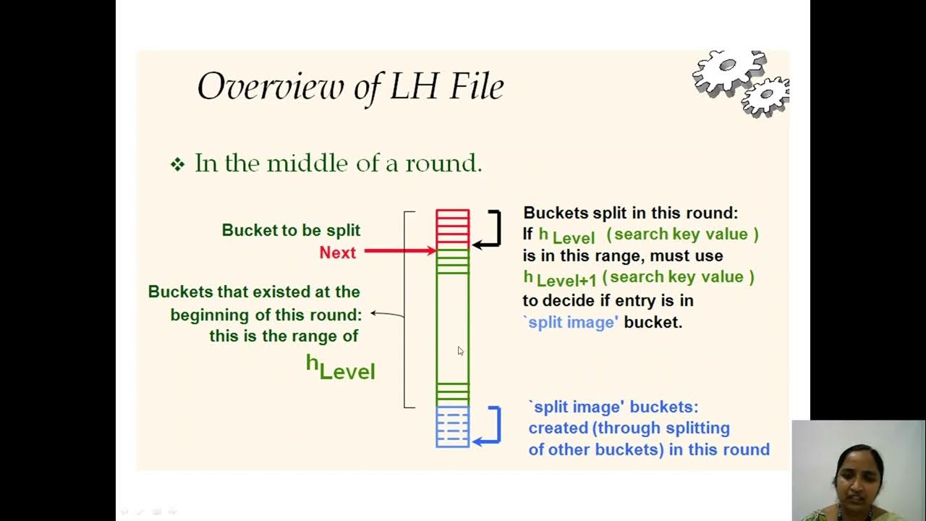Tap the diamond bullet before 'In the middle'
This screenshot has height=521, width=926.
click(x=177, y=164)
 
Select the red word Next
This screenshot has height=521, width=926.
click(x=337, y=253)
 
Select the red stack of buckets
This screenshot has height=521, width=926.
click(x=452, y=228)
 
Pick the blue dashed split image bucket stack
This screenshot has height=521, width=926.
click(x=452, y=426)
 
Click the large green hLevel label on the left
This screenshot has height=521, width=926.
click(x=340, y=367)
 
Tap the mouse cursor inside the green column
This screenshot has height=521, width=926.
click(x=460, y=351)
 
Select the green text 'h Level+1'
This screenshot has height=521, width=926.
click(x=560, y=278)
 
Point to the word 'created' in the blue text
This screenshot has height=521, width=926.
click(x=558, y=428)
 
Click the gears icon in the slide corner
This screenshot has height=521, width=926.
click(x=740, y=82)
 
